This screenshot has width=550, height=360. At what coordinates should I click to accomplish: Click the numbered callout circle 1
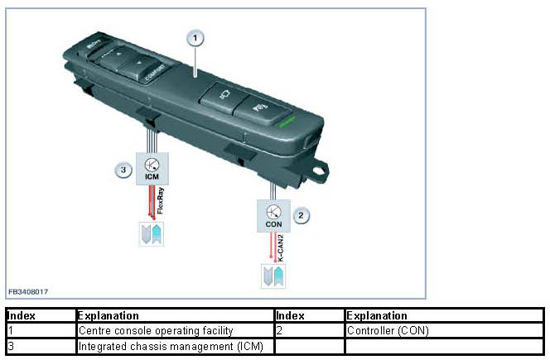click(195, 37)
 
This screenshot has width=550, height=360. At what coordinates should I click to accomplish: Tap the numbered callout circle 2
click(302, 215)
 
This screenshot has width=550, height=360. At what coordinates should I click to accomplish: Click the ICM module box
click(152, 169)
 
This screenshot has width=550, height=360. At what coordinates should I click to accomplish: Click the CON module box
click(274, 215)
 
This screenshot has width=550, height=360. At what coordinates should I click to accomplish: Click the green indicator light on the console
click(285, 121)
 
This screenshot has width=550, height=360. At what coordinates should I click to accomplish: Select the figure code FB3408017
click(28, 291)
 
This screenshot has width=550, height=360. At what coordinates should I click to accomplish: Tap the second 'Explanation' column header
click(377, 316)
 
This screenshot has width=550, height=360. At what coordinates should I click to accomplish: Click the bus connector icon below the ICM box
click(152, 233)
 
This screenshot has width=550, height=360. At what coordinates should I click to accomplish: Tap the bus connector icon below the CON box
click(273, 276)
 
